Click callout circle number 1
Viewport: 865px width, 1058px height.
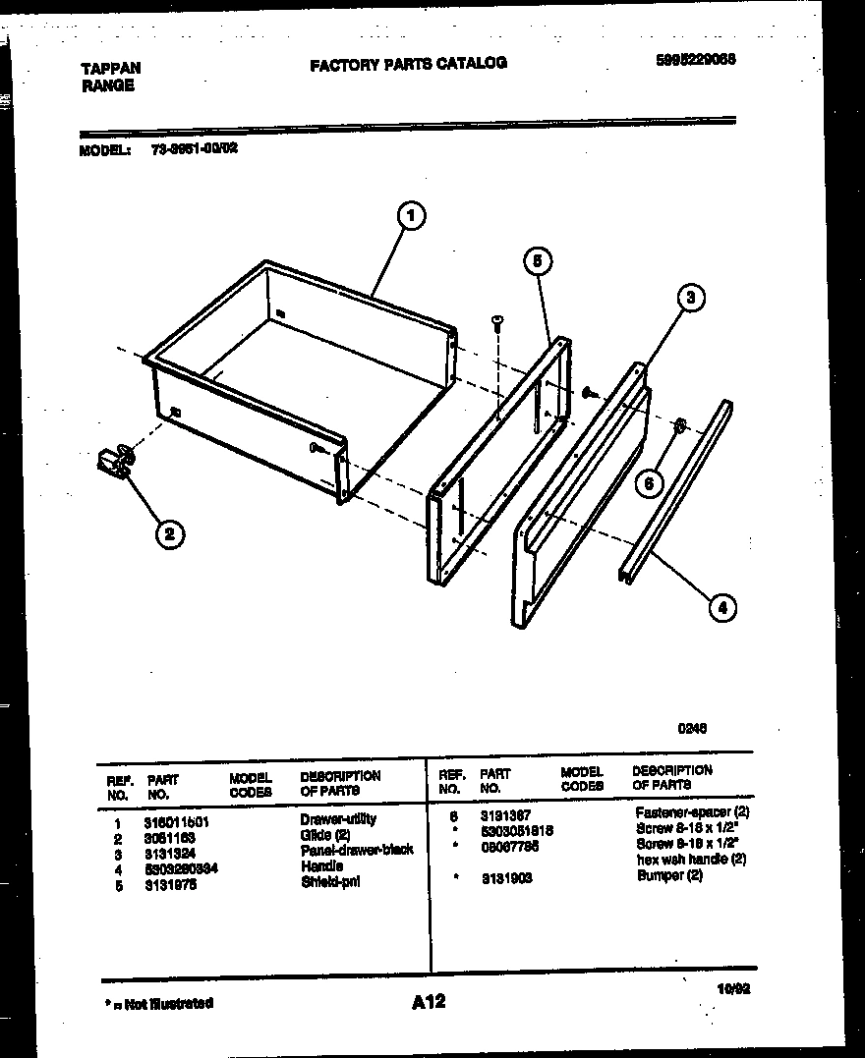point(412,215)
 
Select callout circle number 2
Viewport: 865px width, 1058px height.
point(169,533)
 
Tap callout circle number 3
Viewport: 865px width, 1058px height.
point(691,300)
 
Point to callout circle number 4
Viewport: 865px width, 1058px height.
point(721,607)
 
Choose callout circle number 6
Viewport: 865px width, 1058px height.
point(649,482)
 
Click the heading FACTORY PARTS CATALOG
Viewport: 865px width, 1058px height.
point(408,64)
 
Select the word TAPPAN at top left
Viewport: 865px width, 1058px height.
point(109,69)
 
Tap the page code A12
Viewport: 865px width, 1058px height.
point(429,1001)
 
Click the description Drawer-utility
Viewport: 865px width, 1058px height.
point(338,818)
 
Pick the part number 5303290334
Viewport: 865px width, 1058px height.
point(181,867)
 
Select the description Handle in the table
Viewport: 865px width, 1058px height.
point(321,866)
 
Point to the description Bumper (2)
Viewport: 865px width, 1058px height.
point(669,876)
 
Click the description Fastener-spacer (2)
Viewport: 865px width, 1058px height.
point(692,813)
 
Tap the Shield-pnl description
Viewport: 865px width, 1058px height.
point(330,882)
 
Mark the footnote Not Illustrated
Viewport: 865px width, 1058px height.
point(158,1003)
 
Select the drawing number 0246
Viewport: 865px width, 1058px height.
point(692,728)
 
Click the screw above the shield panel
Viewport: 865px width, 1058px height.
point(497,321)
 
